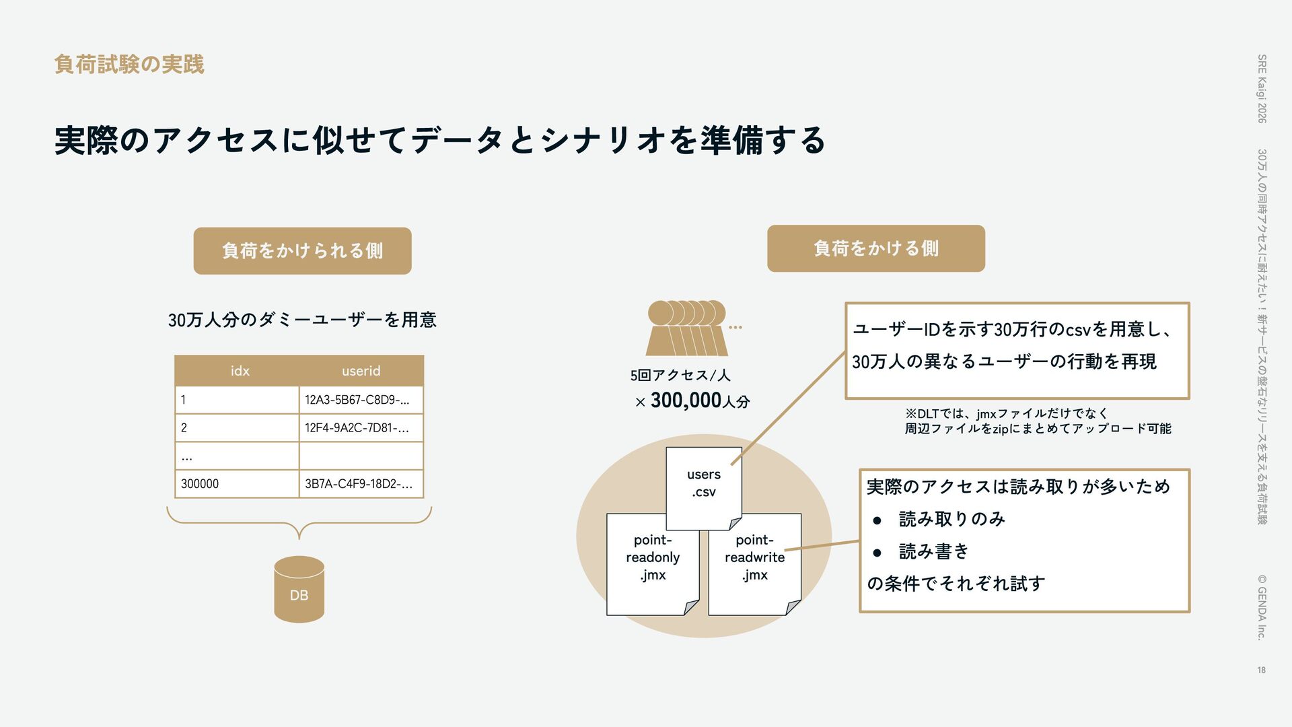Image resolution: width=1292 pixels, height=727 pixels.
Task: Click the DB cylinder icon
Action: [x=299, y=589]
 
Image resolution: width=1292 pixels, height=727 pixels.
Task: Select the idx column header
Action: [x=240, y=371]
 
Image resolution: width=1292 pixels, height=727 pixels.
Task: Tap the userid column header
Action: [x=361, y=371]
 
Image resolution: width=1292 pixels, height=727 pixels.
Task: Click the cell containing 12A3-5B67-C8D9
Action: [x=360, y=400]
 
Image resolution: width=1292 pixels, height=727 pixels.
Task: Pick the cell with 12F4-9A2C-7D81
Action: [x=360, y=428]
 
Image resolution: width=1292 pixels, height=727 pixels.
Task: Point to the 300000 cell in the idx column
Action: [x=236, y=484]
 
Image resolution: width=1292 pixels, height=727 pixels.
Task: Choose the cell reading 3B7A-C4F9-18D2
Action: [x=360, y=484]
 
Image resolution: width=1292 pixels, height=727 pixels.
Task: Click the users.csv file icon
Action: [x=703, y=485]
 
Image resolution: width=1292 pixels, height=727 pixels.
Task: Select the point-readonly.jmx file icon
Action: [x=652, y=562]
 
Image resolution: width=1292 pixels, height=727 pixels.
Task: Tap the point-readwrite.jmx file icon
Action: [x=754, y=562]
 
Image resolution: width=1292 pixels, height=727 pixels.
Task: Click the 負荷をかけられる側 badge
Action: [x=302, y=251]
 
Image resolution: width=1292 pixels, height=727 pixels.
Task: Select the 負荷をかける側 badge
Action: [x=875, y=248]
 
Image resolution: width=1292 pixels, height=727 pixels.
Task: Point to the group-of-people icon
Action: [x=687, y=328]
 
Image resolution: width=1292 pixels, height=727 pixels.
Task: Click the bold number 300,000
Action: [x=686, y=401]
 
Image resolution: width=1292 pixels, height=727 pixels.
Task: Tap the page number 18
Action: [x=1261, y=670]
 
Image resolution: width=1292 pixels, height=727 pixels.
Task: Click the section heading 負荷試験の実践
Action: [x=129, y=65]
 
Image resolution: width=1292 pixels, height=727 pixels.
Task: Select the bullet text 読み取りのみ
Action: [x=952, y=519]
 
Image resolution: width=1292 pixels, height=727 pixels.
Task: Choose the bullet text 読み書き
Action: [x=933, y=551]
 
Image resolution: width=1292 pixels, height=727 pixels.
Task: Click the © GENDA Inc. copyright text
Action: [x=1262, y=606]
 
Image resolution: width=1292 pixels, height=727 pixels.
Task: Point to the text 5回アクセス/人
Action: [x=680, y=376]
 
